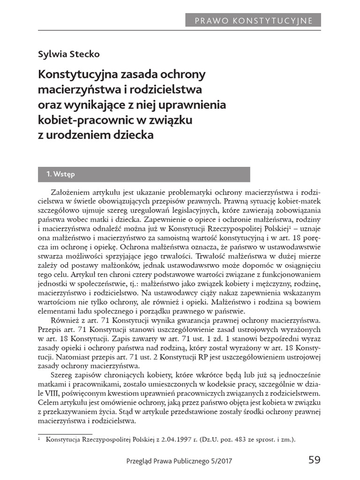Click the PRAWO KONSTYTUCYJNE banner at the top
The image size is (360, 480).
click(x=254, y=20)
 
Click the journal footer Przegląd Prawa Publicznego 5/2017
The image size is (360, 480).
click(x=179, y=461)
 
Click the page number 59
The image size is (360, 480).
click(x=314, y=460)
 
